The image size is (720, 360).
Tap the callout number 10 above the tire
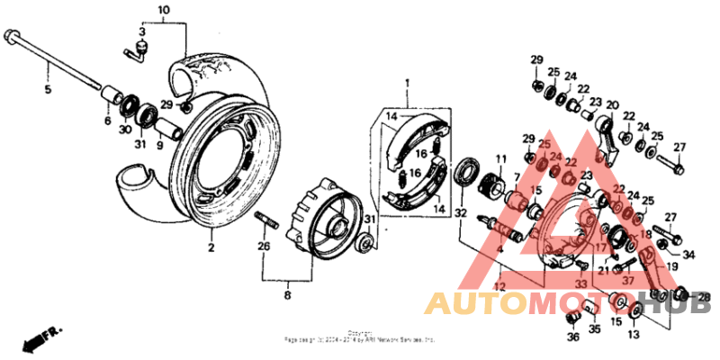[163, 12]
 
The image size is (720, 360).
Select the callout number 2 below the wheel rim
[210, 247]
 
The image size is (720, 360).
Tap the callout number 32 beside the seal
[461, 214]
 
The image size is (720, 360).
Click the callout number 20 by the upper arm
[612, 104]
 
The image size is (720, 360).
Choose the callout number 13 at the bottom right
[633, 334]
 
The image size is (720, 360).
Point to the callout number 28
[704, 297]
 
